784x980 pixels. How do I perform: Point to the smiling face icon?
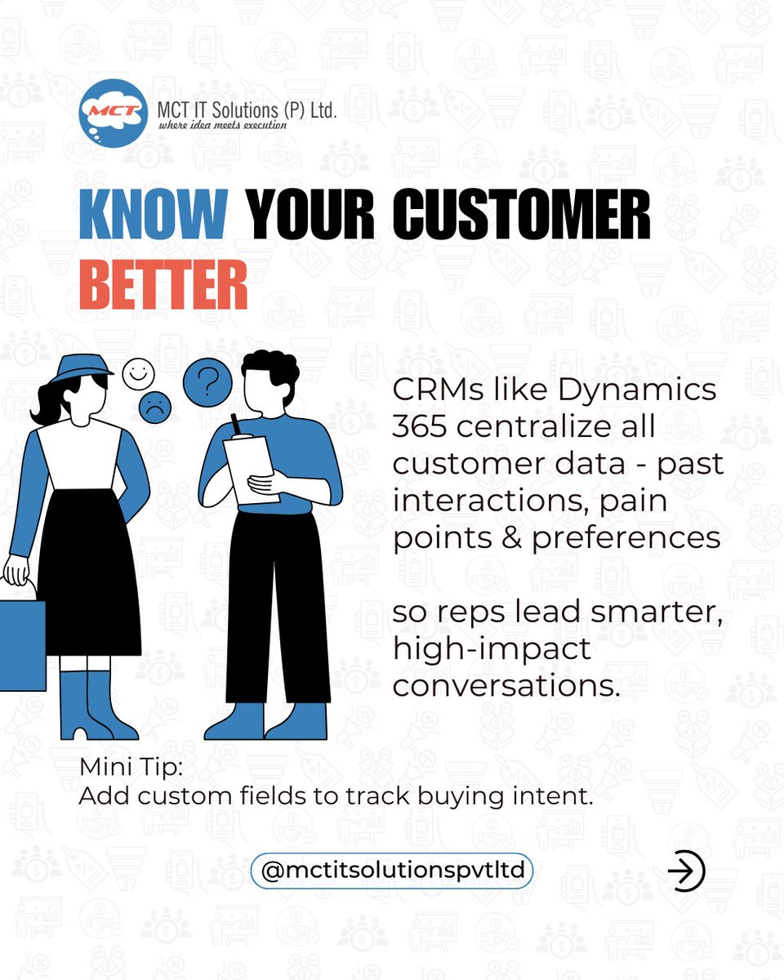(x=138, y=376)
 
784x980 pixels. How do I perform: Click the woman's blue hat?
(x=80, y=365)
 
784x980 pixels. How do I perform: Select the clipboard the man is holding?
(x=252, y=467)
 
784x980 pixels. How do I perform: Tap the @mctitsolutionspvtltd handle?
(x=392, y=871)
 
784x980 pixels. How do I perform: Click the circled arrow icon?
(x=686, y=871)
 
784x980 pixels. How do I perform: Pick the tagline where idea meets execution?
(x=216, y=126)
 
